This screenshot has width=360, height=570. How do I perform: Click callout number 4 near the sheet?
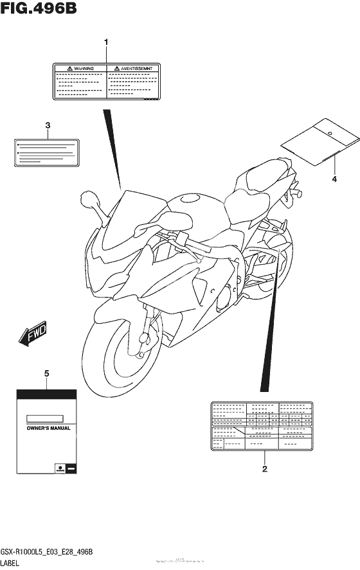point(334,179)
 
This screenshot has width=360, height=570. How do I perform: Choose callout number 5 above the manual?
point(47,373)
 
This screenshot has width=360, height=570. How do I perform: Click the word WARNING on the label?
point(84,67)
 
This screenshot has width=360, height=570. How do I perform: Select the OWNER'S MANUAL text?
point(48,427)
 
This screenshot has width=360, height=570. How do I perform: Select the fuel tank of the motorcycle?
point(193,209)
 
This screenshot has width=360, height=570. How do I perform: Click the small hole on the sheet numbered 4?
point(330,134)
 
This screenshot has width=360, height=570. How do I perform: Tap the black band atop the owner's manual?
point(47,394)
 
